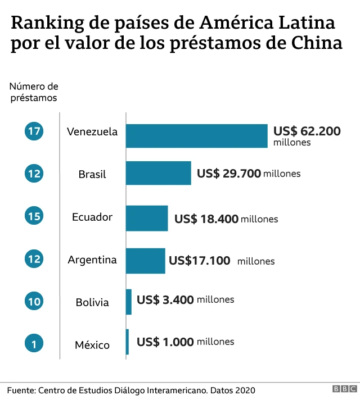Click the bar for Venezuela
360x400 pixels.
tap(196, 136)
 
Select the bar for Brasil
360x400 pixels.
tap(158, 173)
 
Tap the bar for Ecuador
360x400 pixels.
tap(147, 218)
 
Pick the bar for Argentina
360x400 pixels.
tap(145, 261)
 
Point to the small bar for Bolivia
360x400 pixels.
tap(129, 302)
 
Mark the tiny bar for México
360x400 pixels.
tap(127, 342)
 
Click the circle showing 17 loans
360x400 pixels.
tap(34, 131)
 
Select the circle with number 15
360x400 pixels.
tap(34, 216)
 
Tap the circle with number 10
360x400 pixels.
tap(34, 302)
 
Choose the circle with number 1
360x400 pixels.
tap(34, 344)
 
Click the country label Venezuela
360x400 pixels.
tap(92, 132)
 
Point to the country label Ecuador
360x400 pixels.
tap(92, 217)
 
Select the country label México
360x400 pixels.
tap(92, 345)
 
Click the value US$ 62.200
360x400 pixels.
tap(307, 131)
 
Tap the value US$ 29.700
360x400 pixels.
tap(229, 174)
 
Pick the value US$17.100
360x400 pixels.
tap(199, 261)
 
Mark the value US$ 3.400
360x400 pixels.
tap(165, 299)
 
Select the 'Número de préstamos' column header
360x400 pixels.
tap(34, 92)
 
